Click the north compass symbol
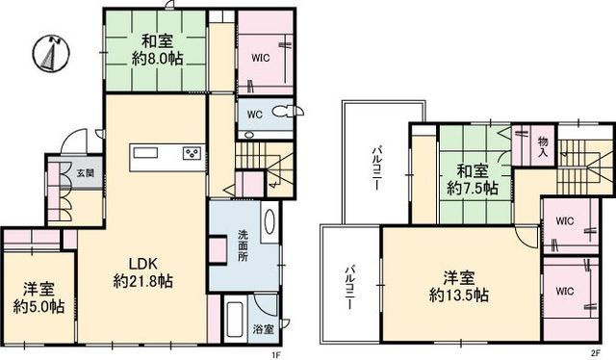(x=51, y=54)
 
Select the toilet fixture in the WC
(x=285, y=113)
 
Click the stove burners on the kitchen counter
(x=192, y=153)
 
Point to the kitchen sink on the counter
(x=145, y=152)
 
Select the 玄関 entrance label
(x=86, y=172)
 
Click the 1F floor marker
(x=277, y=356)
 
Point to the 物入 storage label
(x=543, y=146)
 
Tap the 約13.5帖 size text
(x=459, y=296)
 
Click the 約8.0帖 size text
(x=157, y=60)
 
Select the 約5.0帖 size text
(x=38, y=306)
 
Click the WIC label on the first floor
(x=261, y=58)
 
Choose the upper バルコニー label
(x=377, y=167)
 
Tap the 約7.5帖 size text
(x=473, y=189)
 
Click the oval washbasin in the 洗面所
(x=269, y=222)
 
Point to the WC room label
(x=254, y=115)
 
